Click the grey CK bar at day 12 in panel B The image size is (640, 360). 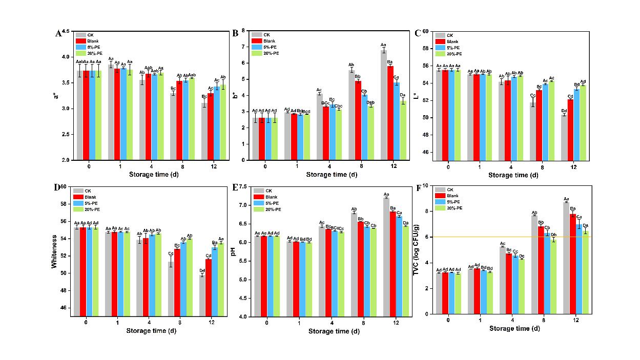[383, 105]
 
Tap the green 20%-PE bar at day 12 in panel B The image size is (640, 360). [403, 131]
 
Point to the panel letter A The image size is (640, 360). [58, 34]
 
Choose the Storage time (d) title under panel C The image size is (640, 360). [514, 175]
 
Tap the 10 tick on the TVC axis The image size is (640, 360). [426, 185]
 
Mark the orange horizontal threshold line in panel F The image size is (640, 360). [512, 237]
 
